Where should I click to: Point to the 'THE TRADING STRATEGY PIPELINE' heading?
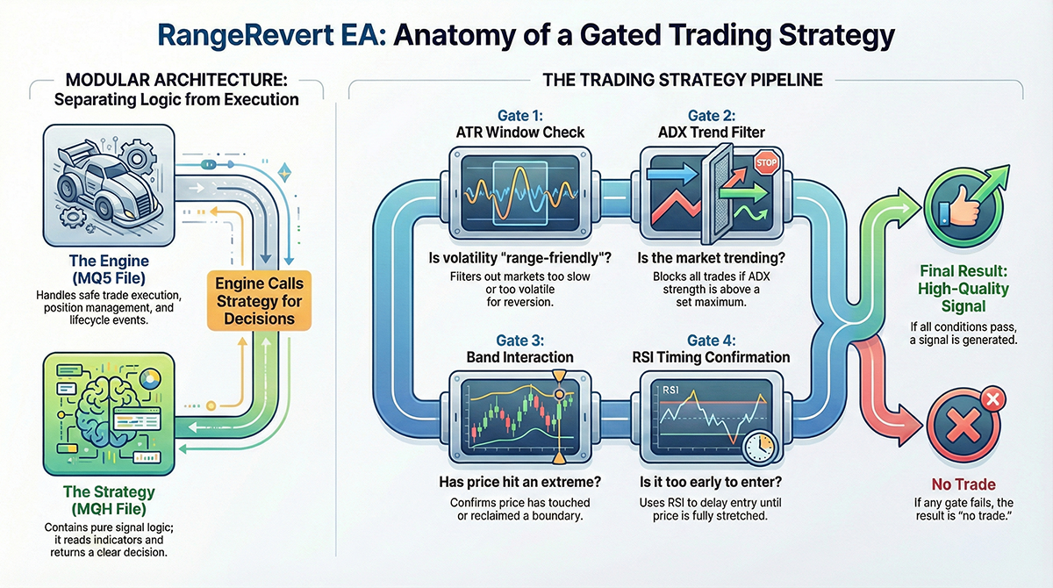point(683,80)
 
